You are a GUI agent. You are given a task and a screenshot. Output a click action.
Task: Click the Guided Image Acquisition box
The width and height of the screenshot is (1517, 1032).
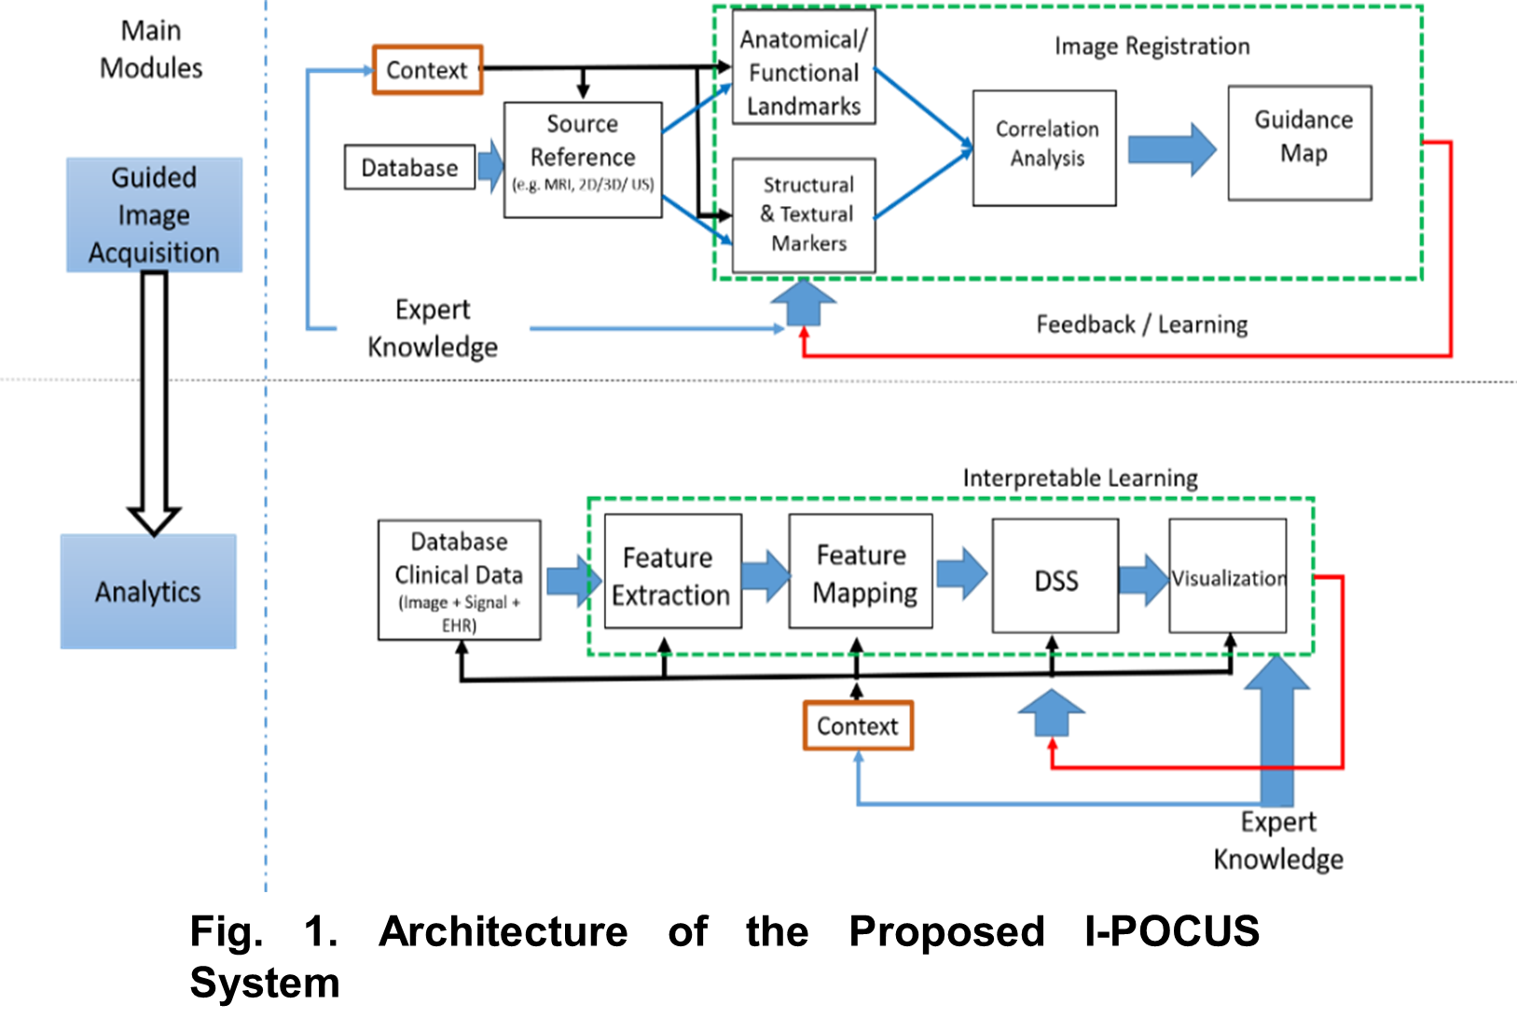(154, 215)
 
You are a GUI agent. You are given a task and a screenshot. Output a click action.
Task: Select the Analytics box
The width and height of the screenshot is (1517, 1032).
(148, 591)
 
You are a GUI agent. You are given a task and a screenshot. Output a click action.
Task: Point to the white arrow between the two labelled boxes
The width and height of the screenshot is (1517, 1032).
(154, 401)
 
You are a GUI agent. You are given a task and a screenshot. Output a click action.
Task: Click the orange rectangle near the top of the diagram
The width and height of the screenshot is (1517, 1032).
(428, 70)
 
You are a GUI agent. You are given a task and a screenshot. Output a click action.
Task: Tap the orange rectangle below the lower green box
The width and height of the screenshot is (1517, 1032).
(858, 725)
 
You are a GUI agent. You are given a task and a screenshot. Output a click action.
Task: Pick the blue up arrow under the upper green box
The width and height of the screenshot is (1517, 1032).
(803, 302)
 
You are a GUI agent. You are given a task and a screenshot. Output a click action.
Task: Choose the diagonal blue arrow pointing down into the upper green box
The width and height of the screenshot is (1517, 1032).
(696, 220)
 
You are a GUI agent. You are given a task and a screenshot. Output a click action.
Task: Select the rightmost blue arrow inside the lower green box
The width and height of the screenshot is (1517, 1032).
(1144, 580)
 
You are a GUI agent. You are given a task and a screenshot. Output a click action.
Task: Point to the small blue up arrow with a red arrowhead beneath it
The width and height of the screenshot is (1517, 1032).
(1052, 712)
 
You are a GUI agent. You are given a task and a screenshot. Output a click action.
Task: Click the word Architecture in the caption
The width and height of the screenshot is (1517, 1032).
(503, 931)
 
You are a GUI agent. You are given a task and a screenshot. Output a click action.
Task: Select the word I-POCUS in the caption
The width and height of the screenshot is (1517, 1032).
(1171, 931)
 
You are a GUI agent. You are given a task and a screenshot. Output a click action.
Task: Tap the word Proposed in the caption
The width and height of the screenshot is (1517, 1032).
(945, 931)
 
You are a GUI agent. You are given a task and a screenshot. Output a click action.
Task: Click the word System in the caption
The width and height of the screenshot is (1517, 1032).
(264, 982)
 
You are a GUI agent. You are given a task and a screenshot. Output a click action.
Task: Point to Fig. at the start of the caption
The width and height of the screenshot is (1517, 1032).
(226, 931)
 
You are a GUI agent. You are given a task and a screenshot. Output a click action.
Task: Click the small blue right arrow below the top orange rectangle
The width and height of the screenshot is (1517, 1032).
(490, 166)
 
